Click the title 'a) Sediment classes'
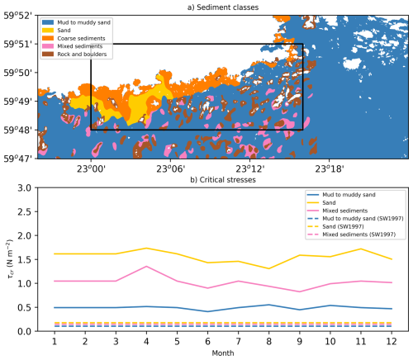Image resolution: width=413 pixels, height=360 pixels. pyautogui.click(x=223, y=7)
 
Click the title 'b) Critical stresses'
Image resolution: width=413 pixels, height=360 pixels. pyautogui.click(x=223, y=180)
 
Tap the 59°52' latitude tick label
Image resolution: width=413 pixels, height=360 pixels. pyautogui.click(x=20, y=16)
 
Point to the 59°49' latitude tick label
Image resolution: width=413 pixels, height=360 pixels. pyautogui.click(x=20, y=102)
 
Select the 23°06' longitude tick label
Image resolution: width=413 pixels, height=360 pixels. pyautogui.click(x=170, y=168)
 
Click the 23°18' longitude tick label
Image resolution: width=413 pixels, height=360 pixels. pyautogui.click(x=330, y=168)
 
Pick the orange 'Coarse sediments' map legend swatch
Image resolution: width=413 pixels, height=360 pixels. pyautogui.click(x=48, y=38)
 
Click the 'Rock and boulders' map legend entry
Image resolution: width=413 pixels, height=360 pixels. pyautogui.click(x=74, y=54)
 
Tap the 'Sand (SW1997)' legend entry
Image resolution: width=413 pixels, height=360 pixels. pyautogui.click(x=335, y=226)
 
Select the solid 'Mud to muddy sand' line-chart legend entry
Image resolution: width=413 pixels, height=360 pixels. pyautogui.click(x=341, y=195)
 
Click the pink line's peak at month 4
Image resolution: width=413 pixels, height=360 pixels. pyautogui.click(x=146, y=266)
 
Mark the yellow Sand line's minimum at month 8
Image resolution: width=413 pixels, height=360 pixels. pyautogui.click(x=268, y=268)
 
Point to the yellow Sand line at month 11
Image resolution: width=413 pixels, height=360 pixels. pyautogui.click(x=361, y=249)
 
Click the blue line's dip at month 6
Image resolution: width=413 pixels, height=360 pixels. pyautogui.click(x=207, y=311)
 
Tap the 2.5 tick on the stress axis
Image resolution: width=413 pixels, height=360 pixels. pyautogui.click(x=26, y=211)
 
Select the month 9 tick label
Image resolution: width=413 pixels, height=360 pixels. pyautogui.click(x=299, y=341)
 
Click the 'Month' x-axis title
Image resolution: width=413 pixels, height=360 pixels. pyautogui.click(x=223, y=353)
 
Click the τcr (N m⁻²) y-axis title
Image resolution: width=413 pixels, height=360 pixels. pyautogui.click(x=10, y=259)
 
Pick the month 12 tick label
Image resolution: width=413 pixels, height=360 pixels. pyautogui.click(x=392, y=341)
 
